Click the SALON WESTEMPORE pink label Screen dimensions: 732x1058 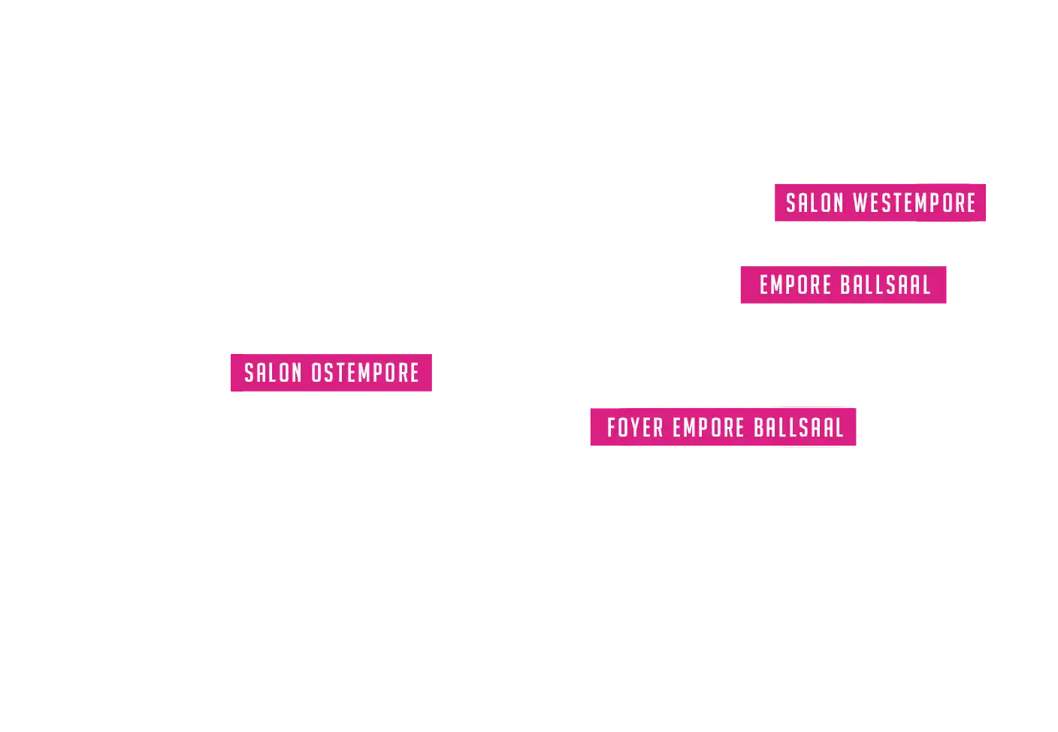(x=881, y=203)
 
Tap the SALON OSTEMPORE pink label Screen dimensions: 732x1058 (x=333, y=373)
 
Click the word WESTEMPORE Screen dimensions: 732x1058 (x=914, y=203)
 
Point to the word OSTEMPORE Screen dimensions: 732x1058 (x=365, y=373)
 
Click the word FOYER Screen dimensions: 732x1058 (x=635, y=428)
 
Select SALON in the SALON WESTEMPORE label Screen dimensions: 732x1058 (x=815, y=203)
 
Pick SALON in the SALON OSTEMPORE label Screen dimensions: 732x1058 (x=273, y=373)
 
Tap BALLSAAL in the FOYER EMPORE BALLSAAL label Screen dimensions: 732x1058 (x=799, y=428)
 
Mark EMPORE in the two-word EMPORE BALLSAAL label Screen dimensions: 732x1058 (x=795, y=286)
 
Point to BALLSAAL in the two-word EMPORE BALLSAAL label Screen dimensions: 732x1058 (x=885, y=286)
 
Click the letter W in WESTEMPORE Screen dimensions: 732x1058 (x=860, y=203)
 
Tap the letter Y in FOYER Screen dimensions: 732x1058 (x=636, y=428)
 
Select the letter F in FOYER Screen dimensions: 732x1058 (x=612, y=428)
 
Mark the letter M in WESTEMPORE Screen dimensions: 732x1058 (x=926, y=203)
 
